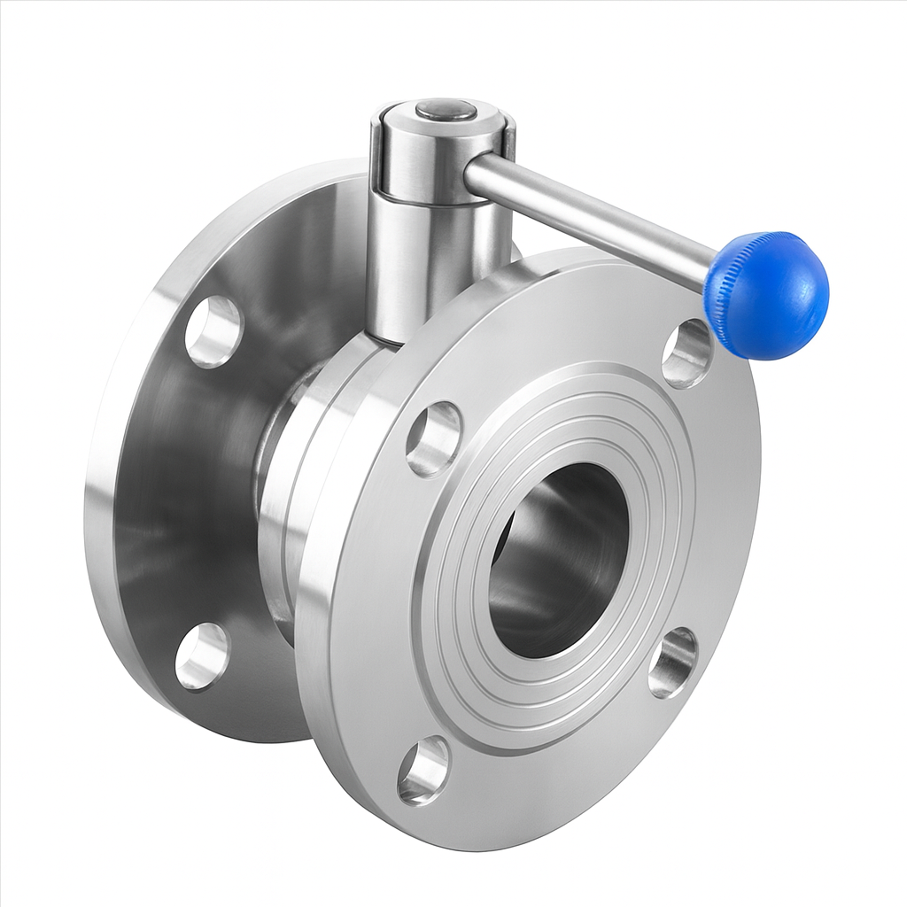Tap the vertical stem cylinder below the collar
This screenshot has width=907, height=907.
[x=425, y=266]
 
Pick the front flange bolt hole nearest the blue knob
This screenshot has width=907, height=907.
[x=687, y=353]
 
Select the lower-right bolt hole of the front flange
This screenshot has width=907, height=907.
[x=672, y=663]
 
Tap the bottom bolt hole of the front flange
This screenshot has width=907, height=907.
[x=423, y=771]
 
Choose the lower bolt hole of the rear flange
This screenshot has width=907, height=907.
[x=202, y=656]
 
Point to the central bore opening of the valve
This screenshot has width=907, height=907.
[x=558, y=559]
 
